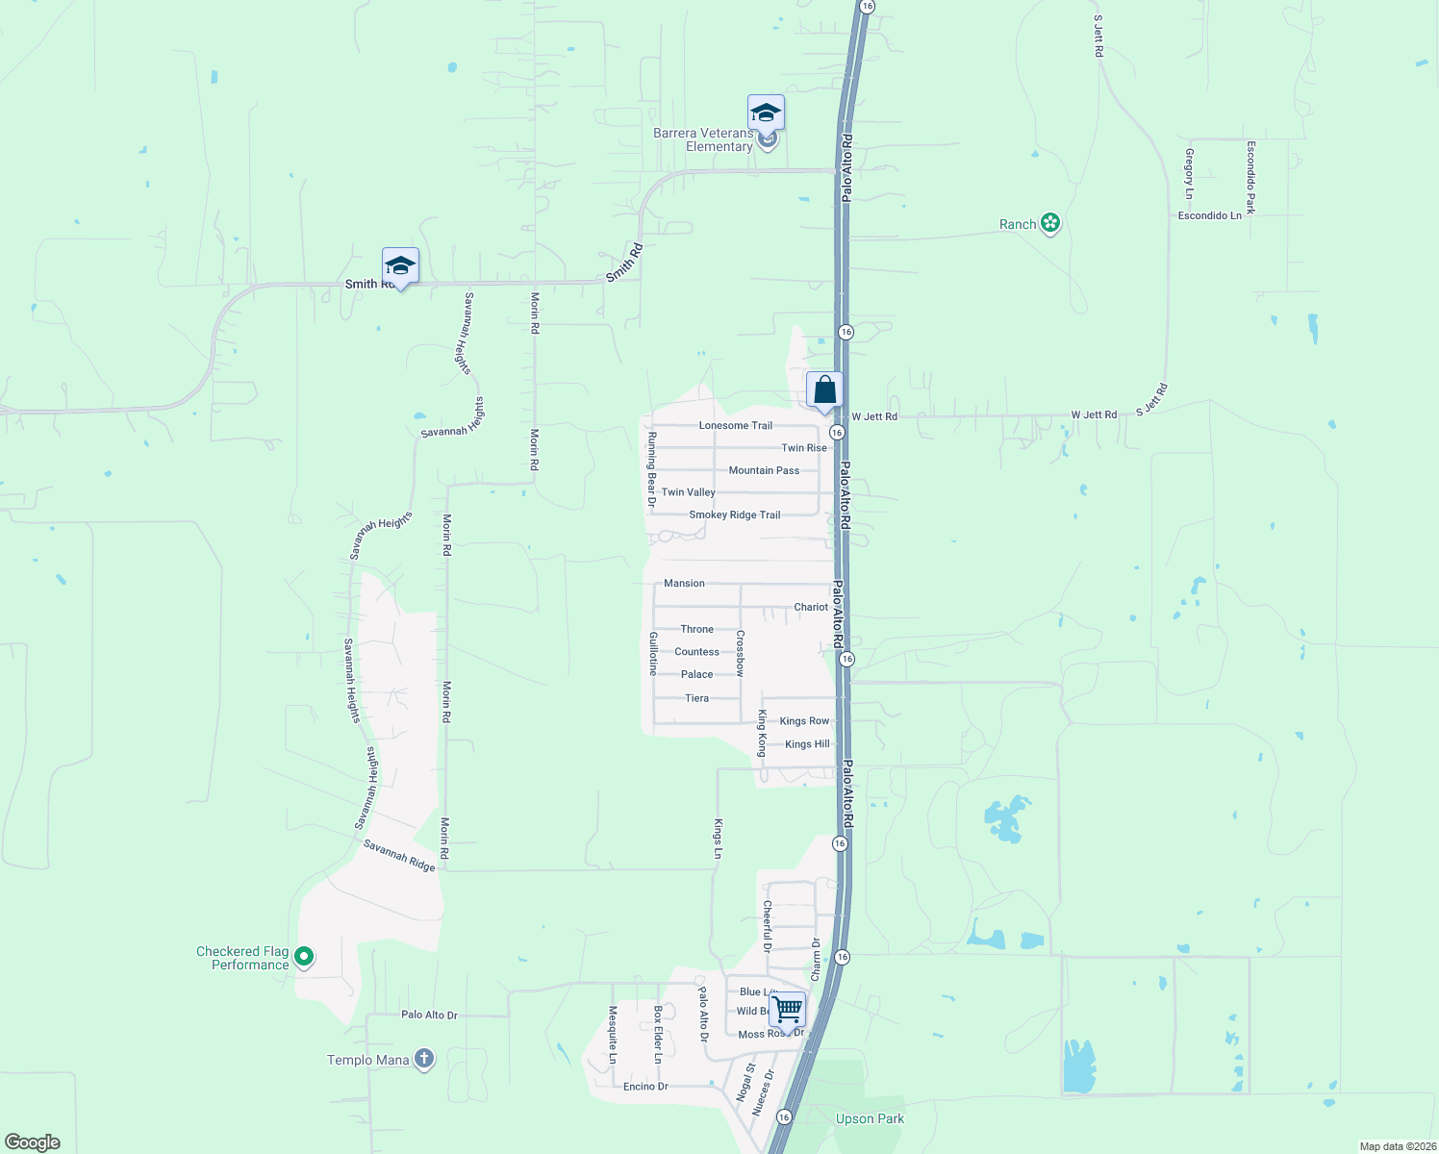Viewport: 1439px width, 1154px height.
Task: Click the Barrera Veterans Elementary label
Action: (703, 139)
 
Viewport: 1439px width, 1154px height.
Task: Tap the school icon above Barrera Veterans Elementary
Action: (766, 113)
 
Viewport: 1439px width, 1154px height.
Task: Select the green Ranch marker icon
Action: (1050, 224)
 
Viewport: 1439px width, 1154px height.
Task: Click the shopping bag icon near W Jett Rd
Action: (824, 390)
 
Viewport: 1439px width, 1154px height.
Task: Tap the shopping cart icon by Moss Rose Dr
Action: (787, 1011)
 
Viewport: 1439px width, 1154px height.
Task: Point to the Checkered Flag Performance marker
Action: (304, 957)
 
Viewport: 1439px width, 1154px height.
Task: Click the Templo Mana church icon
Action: (423, 1060)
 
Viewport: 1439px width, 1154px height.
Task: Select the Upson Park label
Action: (870, 1118)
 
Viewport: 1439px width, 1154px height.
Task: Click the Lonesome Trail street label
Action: (736, 425)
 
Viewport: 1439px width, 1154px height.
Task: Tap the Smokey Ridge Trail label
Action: (735, 514)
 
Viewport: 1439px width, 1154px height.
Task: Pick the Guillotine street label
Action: (653, 654)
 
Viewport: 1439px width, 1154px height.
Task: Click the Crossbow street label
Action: (740, 653)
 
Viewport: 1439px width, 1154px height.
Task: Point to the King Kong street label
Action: (762, 733)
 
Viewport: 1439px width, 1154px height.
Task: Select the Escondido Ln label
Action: (1209, 215)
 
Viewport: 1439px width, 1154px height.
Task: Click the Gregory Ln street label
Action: (1190, 174)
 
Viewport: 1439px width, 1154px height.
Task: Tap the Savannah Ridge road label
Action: (399, 856)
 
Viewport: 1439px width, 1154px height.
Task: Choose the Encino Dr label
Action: (645, 1087)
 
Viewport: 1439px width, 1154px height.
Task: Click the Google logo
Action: (33, 1142)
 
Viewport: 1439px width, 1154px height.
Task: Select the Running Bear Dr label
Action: (652, 469)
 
